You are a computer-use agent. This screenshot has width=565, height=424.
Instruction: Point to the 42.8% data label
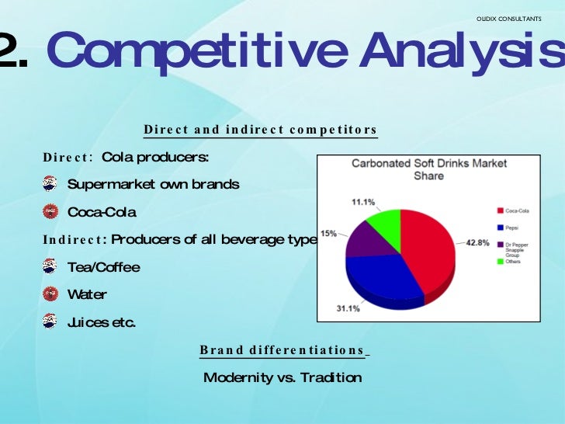point(477,242)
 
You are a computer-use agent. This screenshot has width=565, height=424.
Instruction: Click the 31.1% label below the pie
point(348,308)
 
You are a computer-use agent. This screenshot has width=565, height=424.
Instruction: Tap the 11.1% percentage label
point(363,202)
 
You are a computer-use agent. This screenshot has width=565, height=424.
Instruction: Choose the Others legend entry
point(515,262)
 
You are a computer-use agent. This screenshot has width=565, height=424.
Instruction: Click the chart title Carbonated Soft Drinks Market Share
point(429,169)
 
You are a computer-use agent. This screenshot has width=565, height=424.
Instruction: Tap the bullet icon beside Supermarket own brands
point(50,184)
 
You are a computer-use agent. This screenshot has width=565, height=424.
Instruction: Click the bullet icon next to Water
point(50,294)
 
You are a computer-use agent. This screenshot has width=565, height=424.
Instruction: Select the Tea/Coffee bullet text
point(104,267)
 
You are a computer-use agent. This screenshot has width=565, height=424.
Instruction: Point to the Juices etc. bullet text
point(102,322)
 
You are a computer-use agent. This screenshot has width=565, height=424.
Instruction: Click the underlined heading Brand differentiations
point(282,350)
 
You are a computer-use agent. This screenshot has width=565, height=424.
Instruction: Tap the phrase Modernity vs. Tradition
point(282,378)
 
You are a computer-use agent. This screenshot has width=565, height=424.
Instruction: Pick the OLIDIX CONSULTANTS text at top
point(508,18)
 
